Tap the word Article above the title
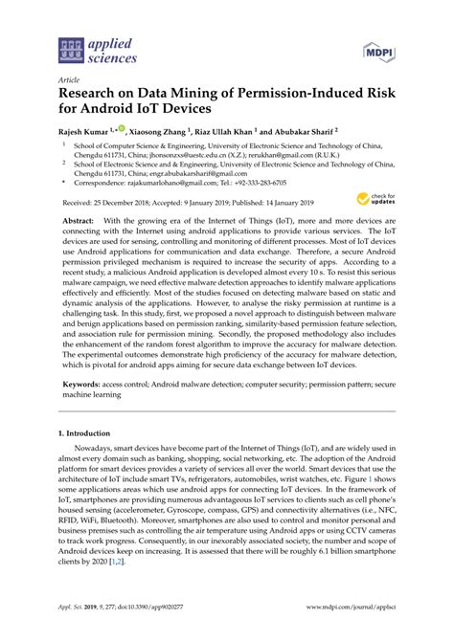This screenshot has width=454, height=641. click(69, 82)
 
